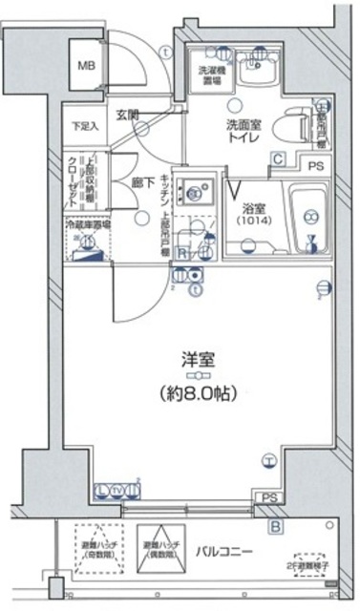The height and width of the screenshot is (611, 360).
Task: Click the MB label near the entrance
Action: pyautogui.click(x=87, y=65)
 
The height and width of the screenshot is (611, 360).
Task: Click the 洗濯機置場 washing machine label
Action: pyautogui.click(x=211, y=74)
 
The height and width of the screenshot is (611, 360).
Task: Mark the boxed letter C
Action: pyautogui.click(x=279, y=159)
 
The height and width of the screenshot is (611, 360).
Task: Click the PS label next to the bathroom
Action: pyautogui.click(x=315, y=166)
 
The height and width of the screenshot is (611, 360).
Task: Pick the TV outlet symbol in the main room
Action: pyautogui.click(x=117, y=491)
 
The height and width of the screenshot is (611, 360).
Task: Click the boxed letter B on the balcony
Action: pyautogui.click(x=276, y=526)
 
